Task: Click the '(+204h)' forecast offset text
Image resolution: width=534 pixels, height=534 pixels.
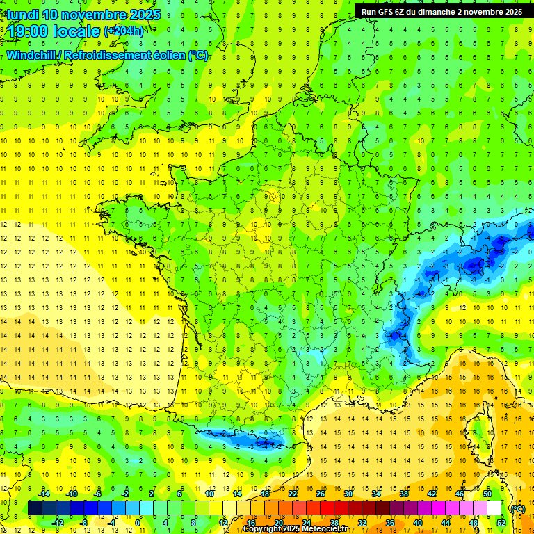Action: click(123, 31)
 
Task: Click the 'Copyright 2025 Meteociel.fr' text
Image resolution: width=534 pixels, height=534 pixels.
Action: click(296, 529)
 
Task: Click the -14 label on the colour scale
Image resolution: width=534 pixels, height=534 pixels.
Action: click(44, 494)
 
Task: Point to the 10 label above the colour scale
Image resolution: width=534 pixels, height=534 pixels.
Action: click(209, 494)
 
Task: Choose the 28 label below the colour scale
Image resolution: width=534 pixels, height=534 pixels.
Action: click(334, 522)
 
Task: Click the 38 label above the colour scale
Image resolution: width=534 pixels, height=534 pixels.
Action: click(403, 494)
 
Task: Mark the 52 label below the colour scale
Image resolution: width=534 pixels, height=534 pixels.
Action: click(501, 522)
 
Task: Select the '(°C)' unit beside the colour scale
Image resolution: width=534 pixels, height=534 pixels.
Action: click(517, 508)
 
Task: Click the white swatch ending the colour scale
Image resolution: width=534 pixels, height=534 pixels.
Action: click(494, 508)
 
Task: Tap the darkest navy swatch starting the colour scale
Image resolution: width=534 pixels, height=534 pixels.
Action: click(35, 508)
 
